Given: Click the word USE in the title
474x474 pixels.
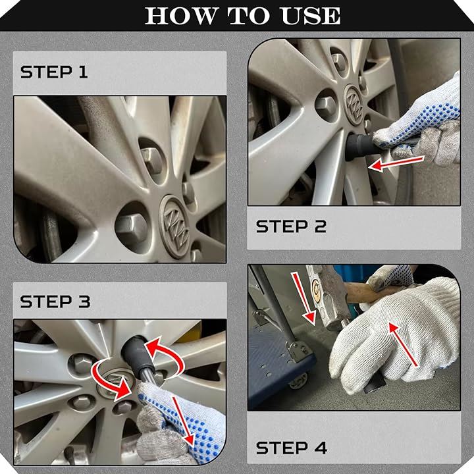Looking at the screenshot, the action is (311, 15).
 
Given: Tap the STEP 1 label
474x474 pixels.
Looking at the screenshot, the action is (54, 72).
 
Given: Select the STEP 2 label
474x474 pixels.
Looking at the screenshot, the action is (291, 226).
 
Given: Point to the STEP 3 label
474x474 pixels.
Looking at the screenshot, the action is (55, 302).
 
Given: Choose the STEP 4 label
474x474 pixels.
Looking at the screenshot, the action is (292, 448).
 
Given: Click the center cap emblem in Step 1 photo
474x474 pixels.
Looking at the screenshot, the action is (174, 226).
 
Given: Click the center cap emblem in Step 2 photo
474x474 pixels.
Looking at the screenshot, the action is (354, 105).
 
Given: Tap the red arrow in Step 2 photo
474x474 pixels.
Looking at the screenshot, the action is (396, 163).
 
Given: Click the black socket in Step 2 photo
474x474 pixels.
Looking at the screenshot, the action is (361, 147).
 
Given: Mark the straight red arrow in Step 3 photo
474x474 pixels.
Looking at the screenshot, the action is (183, 421).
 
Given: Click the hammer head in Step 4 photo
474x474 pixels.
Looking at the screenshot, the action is (328, 298).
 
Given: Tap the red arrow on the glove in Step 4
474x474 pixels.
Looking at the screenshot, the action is (404, 344).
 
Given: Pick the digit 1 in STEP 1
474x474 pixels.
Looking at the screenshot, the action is (83, 72).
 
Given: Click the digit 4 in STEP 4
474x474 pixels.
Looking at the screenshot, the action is (321, 448).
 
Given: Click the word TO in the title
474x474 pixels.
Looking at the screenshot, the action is (249, 15).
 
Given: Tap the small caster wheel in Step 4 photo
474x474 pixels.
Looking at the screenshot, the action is (298, 382).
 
